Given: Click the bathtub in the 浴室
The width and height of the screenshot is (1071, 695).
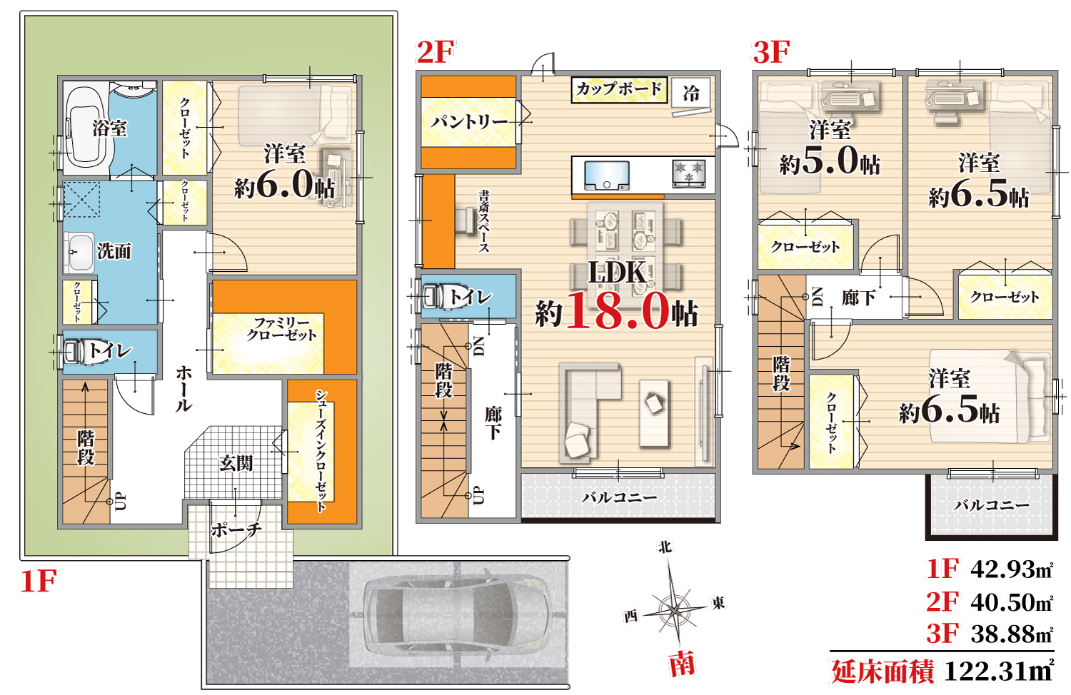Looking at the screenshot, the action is click(x=85, y=128).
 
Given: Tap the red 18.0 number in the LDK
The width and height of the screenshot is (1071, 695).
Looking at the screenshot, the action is click(x=617, y=311).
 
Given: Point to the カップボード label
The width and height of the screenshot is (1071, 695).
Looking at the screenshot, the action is click(x=619, y=89).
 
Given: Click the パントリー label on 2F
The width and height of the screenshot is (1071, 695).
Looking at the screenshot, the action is click(x=468, y=122).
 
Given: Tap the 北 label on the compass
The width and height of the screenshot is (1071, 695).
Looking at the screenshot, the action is click(x=665, y=547).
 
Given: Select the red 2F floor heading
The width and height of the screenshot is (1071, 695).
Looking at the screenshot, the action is click(x=435, y=53).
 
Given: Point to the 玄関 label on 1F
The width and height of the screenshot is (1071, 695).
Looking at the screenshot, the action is click(x=236, y=463).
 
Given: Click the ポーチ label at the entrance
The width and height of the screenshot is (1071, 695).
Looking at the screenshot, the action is click(x=236, y=529).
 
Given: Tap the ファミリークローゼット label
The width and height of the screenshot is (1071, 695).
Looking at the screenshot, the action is click(x=281, y=329).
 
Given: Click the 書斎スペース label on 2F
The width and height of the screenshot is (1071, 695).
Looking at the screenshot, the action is click(x=484, y=222).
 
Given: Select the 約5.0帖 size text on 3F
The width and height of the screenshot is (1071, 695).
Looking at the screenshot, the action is click(x=830, y=163).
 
